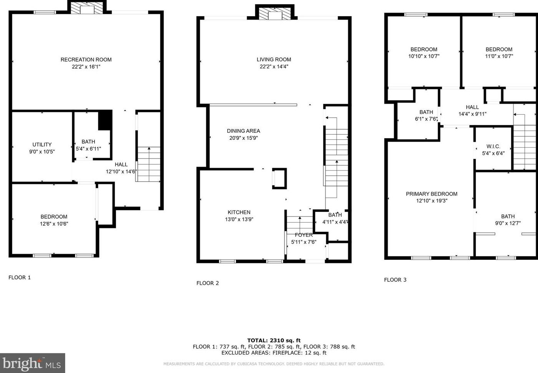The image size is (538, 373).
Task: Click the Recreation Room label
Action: point(86,59)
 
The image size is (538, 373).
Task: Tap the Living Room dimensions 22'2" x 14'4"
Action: point(274,66)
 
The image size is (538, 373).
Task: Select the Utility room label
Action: point(42,145)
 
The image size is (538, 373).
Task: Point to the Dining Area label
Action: point(244,131)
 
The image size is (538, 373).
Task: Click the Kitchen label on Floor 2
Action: point(239,212)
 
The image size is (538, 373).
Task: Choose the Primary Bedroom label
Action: point(432,194)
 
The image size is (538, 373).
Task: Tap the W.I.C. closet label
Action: point(493,146)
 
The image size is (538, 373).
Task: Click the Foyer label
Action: point(304,235)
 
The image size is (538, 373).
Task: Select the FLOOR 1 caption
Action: point(20,277)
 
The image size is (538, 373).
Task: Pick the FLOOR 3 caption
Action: point(395,280)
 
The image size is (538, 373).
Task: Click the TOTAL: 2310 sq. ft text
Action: point(274,340)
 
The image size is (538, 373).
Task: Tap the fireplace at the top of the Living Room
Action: point(275,13)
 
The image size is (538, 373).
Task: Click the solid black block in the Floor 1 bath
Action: point(105,120)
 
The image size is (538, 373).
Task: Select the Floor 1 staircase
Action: point(148,164)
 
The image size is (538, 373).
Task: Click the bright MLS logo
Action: point(32,363)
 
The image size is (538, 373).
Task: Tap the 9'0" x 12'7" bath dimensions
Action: point(508,223)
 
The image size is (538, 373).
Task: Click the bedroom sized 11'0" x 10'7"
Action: point(499,53)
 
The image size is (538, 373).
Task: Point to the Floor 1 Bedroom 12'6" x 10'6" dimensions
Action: point(54,224)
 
